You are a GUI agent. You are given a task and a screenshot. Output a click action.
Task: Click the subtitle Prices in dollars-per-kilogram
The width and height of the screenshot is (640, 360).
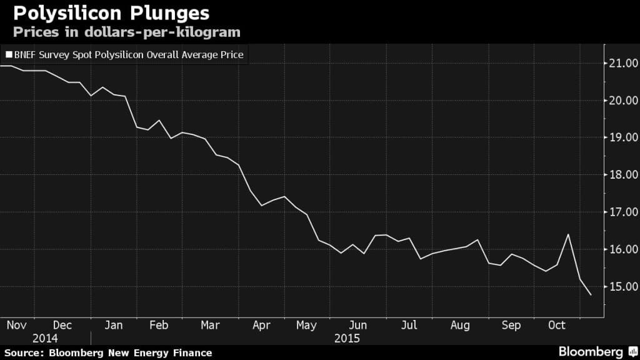click(122, 31)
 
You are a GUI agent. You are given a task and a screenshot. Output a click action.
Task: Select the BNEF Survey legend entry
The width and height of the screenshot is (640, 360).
click(125, 55)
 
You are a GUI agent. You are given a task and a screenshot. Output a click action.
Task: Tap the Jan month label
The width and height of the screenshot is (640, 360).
click(113, 326)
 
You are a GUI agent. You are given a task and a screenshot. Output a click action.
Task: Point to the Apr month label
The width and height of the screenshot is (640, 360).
click(261, 326)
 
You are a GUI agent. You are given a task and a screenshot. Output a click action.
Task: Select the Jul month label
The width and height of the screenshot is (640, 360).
click(409, 326)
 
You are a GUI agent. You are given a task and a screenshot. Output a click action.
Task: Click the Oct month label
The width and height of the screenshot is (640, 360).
click(556, 326)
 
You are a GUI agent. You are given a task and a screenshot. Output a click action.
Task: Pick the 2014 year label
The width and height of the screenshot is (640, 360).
click(45, 338)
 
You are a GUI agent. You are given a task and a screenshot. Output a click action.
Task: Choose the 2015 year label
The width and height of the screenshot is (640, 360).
click(346, 338)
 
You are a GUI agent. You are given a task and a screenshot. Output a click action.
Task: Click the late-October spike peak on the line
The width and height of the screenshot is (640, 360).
click(568, 234)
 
